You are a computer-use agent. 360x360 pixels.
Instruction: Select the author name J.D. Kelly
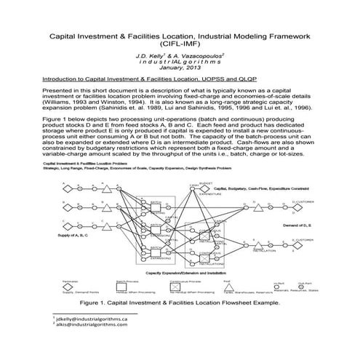[152, 56]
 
